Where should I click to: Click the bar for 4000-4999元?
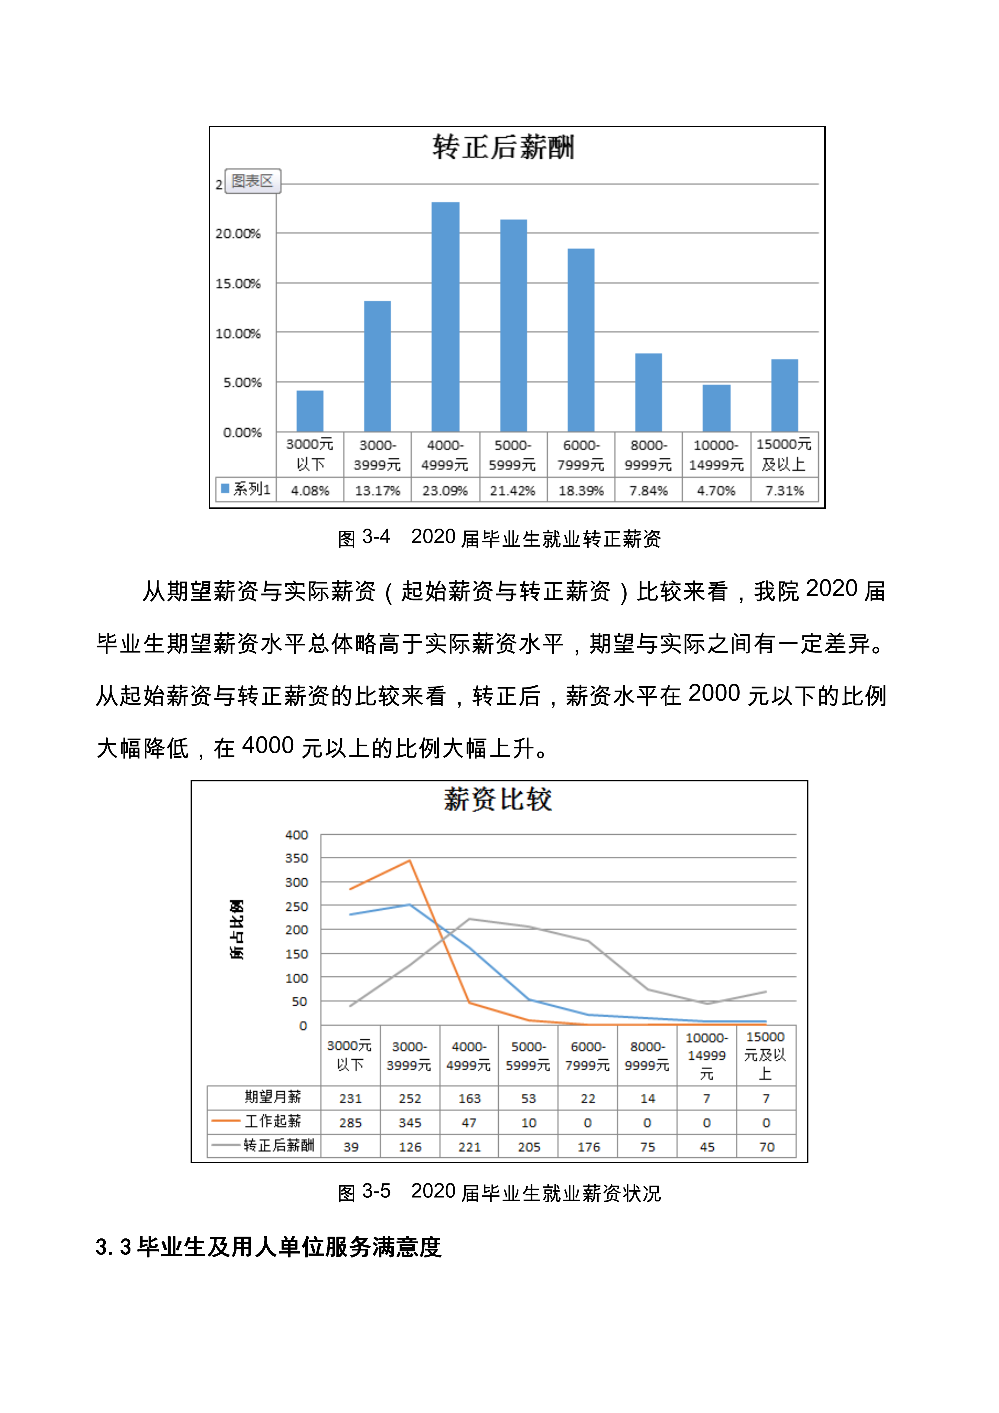coord(445,317)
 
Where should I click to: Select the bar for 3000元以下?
coord(310,411)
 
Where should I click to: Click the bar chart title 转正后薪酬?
coord(503,148)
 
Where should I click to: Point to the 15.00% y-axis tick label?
coord(238,284)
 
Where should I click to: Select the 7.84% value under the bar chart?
coord(648,491)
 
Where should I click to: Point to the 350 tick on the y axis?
coord(297,858)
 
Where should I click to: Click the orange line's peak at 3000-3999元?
coord(410,860)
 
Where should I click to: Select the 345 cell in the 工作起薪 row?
coord(410,1122)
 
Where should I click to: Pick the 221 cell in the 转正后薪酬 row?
coord(469,1147)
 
